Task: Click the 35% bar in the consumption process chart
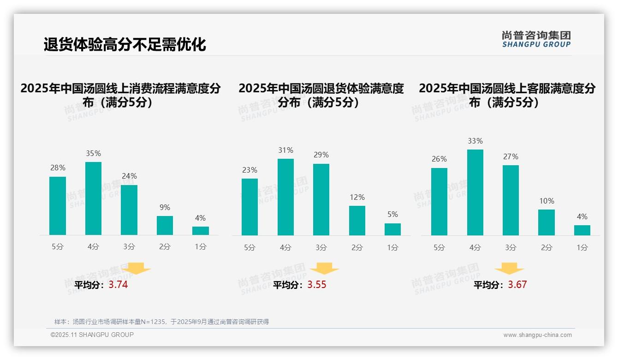coord(93,198)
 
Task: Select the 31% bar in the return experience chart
coord(285,197)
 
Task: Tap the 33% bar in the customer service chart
coord(475,192)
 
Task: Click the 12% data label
coord(357,198)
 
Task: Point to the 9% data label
coord(165,208)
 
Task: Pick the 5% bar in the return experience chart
coord(392,229)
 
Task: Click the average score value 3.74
coord(118,285)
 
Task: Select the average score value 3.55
coord(317,285)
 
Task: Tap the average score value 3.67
coord(517,285)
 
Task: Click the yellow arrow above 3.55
coord(324,269)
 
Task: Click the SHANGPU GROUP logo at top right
coord(536,39)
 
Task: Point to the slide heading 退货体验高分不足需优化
coord(125,45)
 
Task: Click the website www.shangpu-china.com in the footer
coord(537,335)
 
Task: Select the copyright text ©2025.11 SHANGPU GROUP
coord(92,335)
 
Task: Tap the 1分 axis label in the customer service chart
coord(582,248)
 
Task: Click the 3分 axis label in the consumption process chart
coord(129,247)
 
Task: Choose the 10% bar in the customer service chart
coord(547,222)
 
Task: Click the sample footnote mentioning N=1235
coord(161,322)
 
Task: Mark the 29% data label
coord(321,155)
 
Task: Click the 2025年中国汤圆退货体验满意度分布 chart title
coord(321,95)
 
